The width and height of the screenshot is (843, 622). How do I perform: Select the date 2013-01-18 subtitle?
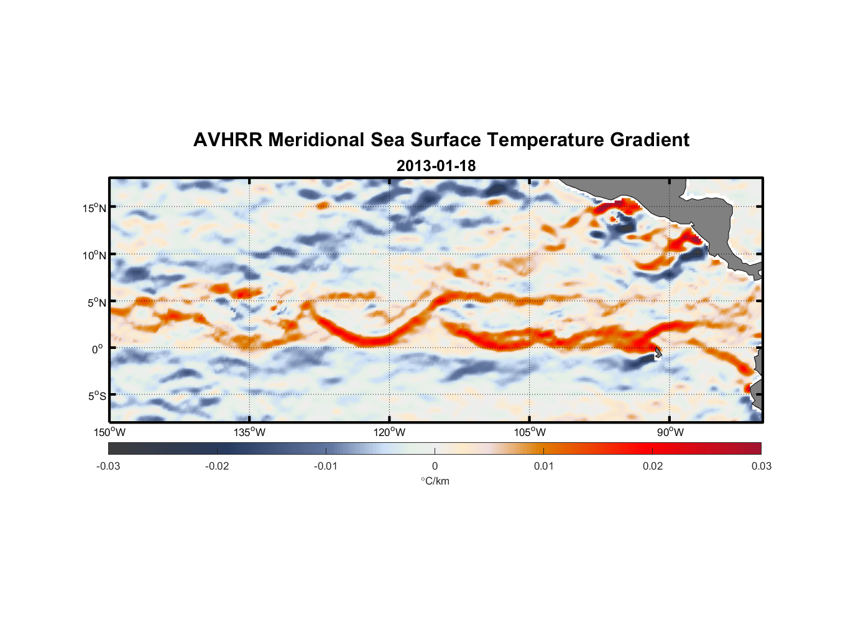(436, 166)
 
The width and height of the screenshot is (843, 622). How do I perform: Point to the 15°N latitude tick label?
(94, 208)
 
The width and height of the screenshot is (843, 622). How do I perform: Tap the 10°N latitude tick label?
(94, 255)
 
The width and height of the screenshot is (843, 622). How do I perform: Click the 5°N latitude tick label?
(96, 302)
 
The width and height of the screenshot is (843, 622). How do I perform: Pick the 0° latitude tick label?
(98, 350)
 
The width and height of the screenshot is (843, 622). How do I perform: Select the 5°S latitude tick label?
(96, 396)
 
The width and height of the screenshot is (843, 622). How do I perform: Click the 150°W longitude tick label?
(109, 432)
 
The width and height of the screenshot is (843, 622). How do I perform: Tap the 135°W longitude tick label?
(250, 432)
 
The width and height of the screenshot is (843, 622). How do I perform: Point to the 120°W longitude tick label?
(390, 432)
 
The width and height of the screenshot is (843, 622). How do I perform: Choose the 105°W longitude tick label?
(530, 432)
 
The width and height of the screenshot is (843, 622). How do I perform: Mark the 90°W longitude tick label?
(670, 432)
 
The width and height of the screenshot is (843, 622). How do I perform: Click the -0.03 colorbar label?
(108, 466)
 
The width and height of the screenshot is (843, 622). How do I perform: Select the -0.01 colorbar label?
(326, 466)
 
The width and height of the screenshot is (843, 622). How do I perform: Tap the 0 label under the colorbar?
(435, 466)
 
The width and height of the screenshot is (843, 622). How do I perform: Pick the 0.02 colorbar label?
(653, 466)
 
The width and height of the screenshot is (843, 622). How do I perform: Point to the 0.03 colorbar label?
(761, 466)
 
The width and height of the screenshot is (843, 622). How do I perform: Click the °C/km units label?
(435, 481)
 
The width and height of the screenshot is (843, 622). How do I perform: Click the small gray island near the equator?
(658, 353)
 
